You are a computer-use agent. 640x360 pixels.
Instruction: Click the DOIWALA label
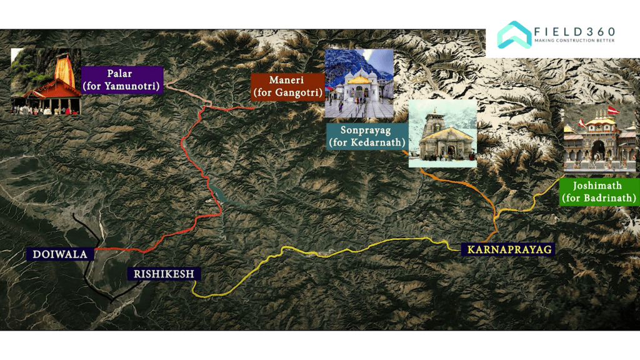(x=60, y=254)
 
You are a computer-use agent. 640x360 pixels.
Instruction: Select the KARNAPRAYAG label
(x=508, y=249)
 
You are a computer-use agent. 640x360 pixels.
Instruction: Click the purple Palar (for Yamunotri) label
(x=122, y=80)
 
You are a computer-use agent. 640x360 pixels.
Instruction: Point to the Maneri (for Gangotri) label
(x=287, y=87)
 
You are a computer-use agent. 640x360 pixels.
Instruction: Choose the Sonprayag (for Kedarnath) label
(x=367, y=137)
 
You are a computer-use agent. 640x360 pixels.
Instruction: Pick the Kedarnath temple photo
(x=442, y=134)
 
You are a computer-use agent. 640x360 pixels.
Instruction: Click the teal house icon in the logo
(x=514, y=35)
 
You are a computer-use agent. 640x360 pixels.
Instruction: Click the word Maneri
(x=287, y=80)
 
